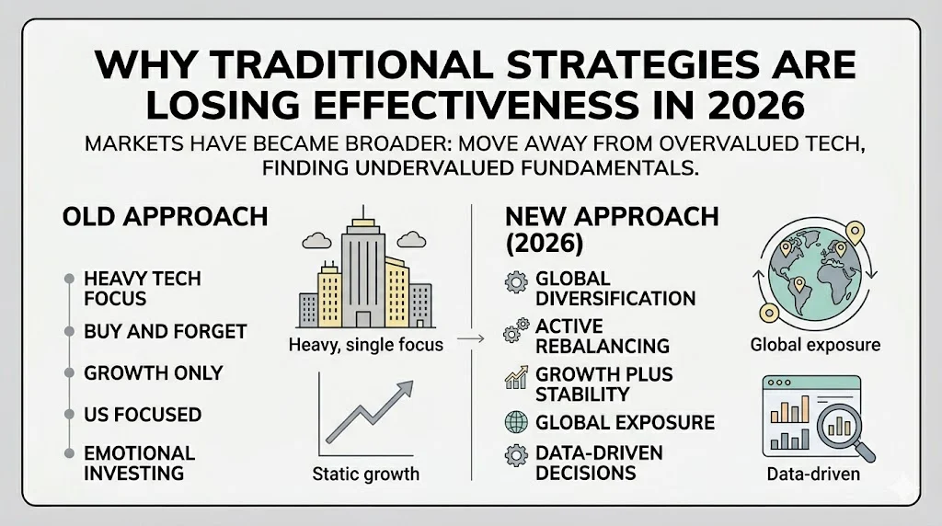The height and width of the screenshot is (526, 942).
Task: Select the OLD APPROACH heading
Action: pyautogui.click(x=165, y=217)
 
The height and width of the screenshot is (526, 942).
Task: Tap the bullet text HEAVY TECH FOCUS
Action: pyautogui.click(x=142, y=288)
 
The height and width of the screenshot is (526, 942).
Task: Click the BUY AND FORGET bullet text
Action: pyautogui.click(x=165, y=331)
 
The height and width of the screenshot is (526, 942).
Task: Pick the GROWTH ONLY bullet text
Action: pyautogui.click(x=153, y=373)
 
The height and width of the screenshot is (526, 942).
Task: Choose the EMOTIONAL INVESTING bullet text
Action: pyautogui.click(x=139, y=463)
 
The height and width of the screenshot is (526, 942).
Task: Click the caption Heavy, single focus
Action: pyautogui.click(x=365, y=346)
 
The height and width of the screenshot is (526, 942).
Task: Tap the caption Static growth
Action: pyautogui.click(x=365, y=475)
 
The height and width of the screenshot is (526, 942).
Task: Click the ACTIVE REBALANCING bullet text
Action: pyautogui.click(x=602, y=337)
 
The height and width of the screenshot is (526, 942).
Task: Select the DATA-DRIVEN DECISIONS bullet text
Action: pyautogui.click(x=599, y=463)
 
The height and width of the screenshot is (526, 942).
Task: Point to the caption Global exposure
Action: pyautogui.click(x=814, y=346)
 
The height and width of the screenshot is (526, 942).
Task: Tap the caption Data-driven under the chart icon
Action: pyautogui.click(x=813, y=475)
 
